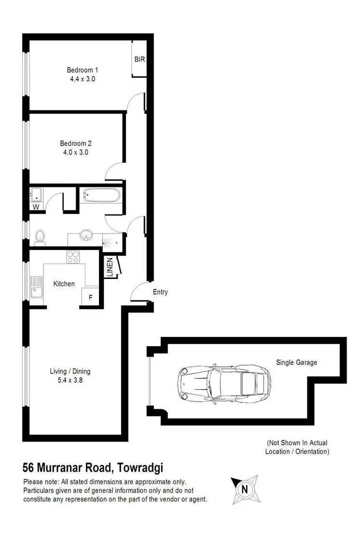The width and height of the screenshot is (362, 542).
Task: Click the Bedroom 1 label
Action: tap(82, 70)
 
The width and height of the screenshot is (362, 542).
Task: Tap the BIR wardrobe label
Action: tap(139, 60)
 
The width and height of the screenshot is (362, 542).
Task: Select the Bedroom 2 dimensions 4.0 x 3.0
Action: tap(75, 152)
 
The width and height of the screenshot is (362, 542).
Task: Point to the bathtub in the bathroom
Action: tap(100, 196)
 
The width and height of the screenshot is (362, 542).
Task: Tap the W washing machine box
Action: tap(36, 207)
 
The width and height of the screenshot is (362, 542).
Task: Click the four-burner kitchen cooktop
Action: tap(73, 257)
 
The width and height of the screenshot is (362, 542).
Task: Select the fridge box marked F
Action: tap(90, 297)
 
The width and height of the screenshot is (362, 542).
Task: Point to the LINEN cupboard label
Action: tap(110, 267)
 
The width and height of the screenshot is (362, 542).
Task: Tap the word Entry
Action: tap(160, 292)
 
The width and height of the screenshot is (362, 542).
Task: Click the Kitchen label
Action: tap(64, 284)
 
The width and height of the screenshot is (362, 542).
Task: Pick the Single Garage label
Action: tap(296, 362)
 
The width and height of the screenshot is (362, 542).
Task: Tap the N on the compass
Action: tap(244, 489)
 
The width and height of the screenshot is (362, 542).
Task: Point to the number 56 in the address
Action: tap(30, 468)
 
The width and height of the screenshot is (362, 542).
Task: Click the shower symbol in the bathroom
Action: tap(110, 240)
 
